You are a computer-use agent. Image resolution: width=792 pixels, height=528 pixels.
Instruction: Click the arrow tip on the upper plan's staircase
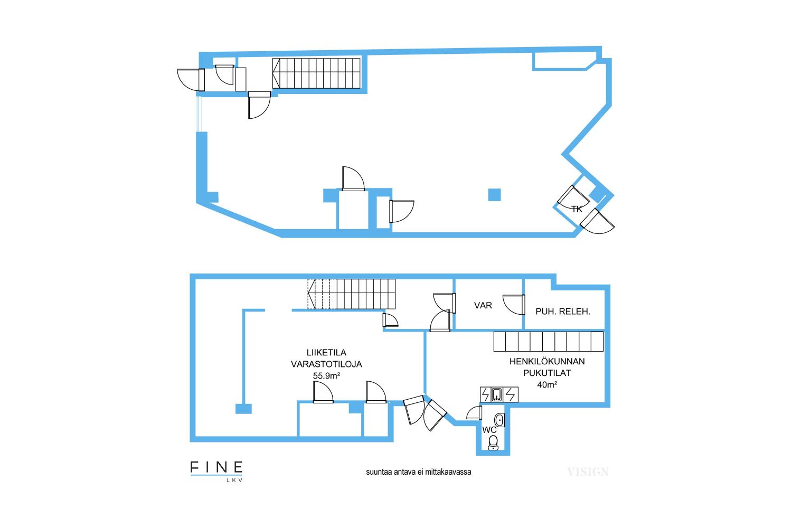point(273,73)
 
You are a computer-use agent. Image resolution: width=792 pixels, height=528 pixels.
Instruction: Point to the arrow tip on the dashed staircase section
point(308,294)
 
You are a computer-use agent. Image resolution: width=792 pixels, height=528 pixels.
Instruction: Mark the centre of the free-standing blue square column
point(494,195)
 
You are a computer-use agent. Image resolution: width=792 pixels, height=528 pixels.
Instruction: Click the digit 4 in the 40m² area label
point(540,385)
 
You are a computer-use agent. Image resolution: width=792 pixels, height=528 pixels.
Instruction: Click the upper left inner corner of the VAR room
point(455,279)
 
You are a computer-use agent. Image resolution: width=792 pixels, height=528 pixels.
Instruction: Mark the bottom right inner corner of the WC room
point(505,450)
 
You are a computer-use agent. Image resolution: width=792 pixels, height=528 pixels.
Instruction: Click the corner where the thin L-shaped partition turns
point(243,310)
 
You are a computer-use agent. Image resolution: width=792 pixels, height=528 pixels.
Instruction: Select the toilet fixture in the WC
point(493,443)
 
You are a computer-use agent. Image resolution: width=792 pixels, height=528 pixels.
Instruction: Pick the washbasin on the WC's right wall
point(499,420)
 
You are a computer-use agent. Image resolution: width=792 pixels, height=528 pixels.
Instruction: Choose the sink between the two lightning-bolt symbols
point(497,394)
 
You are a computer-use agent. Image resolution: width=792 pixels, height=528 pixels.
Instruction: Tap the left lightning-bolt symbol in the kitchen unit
point(486,394)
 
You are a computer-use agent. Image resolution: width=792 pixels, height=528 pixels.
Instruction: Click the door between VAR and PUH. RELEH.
point(514,305)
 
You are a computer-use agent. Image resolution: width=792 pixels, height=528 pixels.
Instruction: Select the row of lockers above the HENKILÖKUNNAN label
point(549,341)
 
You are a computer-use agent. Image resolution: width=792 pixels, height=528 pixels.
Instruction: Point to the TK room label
point(577,210)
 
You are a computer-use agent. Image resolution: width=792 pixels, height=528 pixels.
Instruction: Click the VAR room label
point(483,305)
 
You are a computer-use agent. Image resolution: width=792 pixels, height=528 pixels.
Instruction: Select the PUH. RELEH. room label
point(563,312)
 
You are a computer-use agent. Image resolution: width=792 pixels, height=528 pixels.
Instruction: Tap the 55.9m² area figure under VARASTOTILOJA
point(326,375)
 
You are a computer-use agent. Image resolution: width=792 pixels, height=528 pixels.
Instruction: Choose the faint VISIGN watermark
point(588,472)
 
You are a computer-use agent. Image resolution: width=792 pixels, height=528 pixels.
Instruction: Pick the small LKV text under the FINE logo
point(234,480)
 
